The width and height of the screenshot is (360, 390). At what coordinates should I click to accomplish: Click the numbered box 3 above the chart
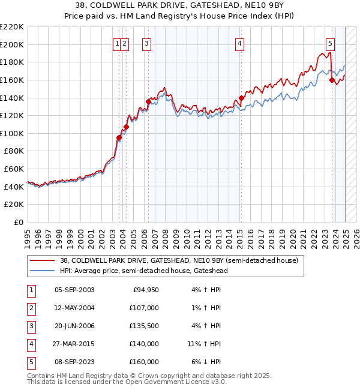[x=146, y=43]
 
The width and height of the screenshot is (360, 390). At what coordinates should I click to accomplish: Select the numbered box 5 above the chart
[x=330, y=43]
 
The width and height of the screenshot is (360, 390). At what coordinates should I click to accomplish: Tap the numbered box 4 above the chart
[x=239, y=43]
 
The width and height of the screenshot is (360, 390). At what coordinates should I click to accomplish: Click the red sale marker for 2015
[x=241, y=98]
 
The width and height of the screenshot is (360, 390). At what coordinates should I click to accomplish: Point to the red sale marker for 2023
[x=332, y=80]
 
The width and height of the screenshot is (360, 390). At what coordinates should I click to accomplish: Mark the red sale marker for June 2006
[x=148, y=101]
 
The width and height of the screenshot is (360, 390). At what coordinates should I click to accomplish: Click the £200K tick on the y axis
[x=12, y=44]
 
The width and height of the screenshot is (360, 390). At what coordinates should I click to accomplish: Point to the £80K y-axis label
[x=14, y=151]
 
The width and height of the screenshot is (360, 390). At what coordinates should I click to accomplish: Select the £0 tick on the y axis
[x=18, y=222]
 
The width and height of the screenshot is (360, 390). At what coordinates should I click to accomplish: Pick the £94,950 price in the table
[x=146, y=290]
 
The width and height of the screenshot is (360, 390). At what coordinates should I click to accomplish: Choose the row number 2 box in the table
[x=31, y=308]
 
